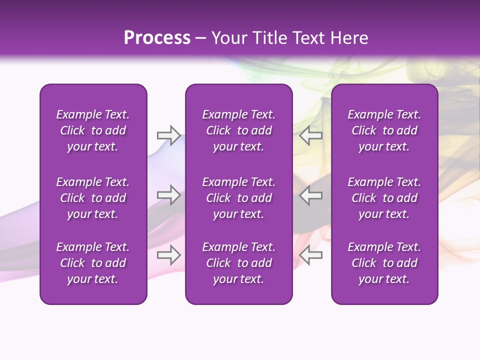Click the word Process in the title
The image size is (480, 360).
(x=157, y=38)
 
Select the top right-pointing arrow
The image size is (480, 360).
(x=168, y=135)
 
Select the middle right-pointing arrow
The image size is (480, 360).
(x=168, y=195)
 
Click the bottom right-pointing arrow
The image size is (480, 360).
(x=168, y=255)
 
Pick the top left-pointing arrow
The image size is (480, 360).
(x=311, y=135)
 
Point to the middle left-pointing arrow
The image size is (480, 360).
(x=311, y=195)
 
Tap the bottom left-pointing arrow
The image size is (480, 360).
(x=311, y=255)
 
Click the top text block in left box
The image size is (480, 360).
(x=93, y=130)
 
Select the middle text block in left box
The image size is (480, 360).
(x=93, y=198)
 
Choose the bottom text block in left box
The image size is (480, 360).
(x=93, y=263)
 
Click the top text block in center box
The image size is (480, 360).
(x=238, y=130)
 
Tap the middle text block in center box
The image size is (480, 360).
(x=238, y=198)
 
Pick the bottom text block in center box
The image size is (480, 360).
(x=238, y=263)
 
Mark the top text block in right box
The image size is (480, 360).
(x=384, y=130)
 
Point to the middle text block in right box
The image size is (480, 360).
(x=384, y=198)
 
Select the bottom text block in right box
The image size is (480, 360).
(x=384, y=263)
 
